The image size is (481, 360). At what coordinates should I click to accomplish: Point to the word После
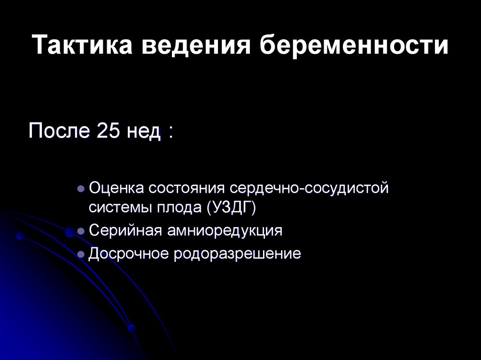pos(59,131)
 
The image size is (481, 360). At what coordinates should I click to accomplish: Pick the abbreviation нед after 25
pos(143,131)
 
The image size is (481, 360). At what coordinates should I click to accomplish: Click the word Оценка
pos(116,189)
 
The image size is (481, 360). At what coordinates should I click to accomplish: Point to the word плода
pos(176,207)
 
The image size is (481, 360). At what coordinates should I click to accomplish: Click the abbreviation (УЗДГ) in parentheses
pos(231,207)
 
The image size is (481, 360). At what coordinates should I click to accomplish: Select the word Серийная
pos(123,231)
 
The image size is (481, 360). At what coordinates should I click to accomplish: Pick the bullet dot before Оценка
pos(81,189)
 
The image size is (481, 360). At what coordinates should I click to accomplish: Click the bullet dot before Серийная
pos(81,231)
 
